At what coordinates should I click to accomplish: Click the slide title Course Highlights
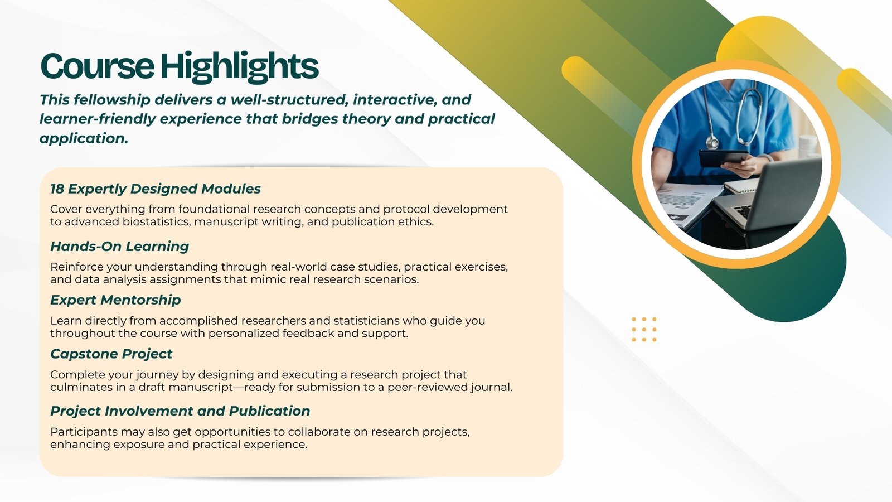[x=179, y=66]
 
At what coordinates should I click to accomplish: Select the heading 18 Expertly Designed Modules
[x=156, y=189]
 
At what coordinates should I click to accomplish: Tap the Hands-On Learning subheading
[x=119, y=247]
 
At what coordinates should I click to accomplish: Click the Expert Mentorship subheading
[x=115, y=300]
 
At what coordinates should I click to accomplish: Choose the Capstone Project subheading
[x=111, y=354]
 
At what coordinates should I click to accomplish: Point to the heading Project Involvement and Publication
[x=180, y=411]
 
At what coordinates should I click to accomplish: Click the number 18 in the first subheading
[x=57, y=189]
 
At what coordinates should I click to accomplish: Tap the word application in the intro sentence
[x=84, y=139]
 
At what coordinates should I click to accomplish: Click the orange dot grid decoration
[x=644, y=330]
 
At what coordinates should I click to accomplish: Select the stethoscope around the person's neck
[x=733, y=115]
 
